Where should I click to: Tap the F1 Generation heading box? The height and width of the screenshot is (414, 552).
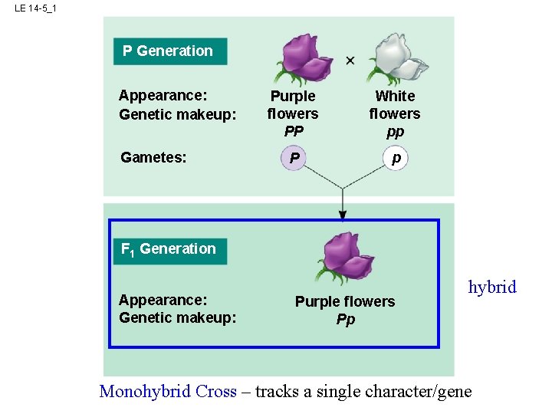coord(169,249)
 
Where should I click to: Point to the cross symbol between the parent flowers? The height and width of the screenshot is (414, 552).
coord(350,61)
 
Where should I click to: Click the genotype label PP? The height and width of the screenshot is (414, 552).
coord(293,131)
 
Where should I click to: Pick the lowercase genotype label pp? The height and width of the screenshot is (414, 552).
coord(395,131)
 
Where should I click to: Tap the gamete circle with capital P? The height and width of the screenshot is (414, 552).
coord(293,159)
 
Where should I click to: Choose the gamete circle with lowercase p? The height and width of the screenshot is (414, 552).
coord(396,158)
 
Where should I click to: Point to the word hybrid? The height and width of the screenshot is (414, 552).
coord(492,287)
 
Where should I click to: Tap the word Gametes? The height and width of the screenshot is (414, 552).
coord(153,158)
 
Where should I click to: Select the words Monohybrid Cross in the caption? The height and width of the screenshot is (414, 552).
coord(168,392)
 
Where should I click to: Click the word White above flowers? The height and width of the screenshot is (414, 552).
coord(395,97)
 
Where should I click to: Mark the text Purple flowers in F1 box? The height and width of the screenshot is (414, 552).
coord(345,302)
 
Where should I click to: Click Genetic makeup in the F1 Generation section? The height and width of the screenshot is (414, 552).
coord(177,318)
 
